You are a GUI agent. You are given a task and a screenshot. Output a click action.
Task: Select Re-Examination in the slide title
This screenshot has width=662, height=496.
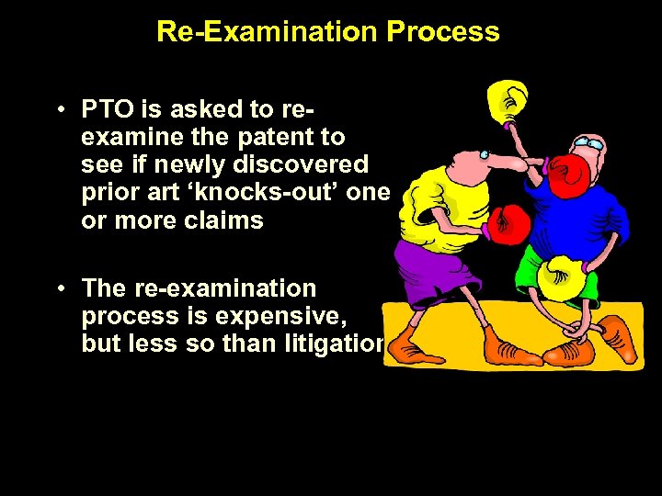pyautogui.click(x=267, y=32)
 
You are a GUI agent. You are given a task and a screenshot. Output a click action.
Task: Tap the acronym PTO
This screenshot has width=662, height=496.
pyautogui.click(x=108, y=110)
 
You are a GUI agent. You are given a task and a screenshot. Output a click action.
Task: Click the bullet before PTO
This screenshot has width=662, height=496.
pyautogui.click(x=58, y=110)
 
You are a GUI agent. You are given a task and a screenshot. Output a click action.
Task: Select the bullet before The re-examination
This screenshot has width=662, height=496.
pyautogui.click(x=58, y=288)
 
